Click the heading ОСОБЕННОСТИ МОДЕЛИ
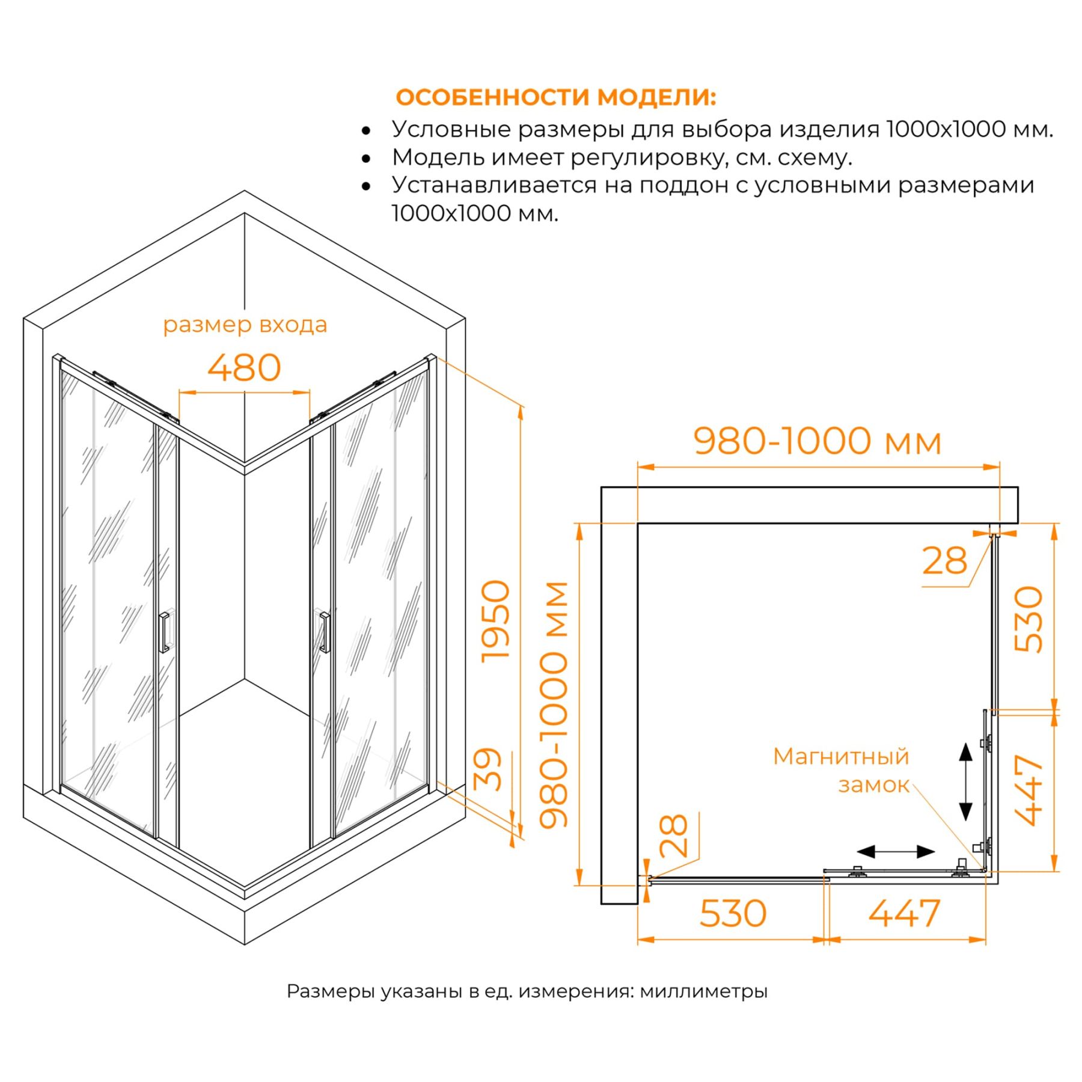[556, 97]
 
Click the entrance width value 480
[244, 368]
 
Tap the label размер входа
[245, 325]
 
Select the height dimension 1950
[496, 621]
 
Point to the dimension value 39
[488, 769]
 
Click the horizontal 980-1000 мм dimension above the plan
[818, 441]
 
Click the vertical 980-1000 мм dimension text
[554, 705]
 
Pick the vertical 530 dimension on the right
[1029, 619]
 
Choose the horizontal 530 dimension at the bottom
[733, 914]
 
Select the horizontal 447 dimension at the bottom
[904, 914]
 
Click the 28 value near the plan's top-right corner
[944, 561]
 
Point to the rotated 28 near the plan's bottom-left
[673, 836]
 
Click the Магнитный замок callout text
[841, 771]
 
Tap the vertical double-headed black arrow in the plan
[965, 782]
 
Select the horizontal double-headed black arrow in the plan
[896, 851]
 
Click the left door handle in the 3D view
[164, 632]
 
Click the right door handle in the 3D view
[325, 632]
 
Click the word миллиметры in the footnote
[703, 991]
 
